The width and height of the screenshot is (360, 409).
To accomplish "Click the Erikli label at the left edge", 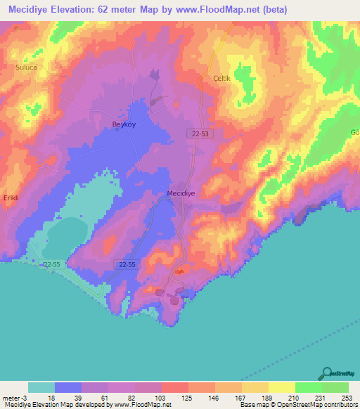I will coord(9,198).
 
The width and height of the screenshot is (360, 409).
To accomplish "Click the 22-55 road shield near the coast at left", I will coord(51,264).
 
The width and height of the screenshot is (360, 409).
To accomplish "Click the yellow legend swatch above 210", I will coord(281,387).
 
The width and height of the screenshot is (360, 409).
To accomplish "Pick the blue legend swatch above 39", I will coord(68,387).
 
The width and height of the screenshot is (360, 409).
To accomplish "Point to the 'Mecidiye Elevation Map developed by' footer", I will coord(56,405).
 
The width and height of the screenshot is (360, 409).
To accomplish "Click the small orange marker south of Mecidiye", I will coord(180,271).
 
